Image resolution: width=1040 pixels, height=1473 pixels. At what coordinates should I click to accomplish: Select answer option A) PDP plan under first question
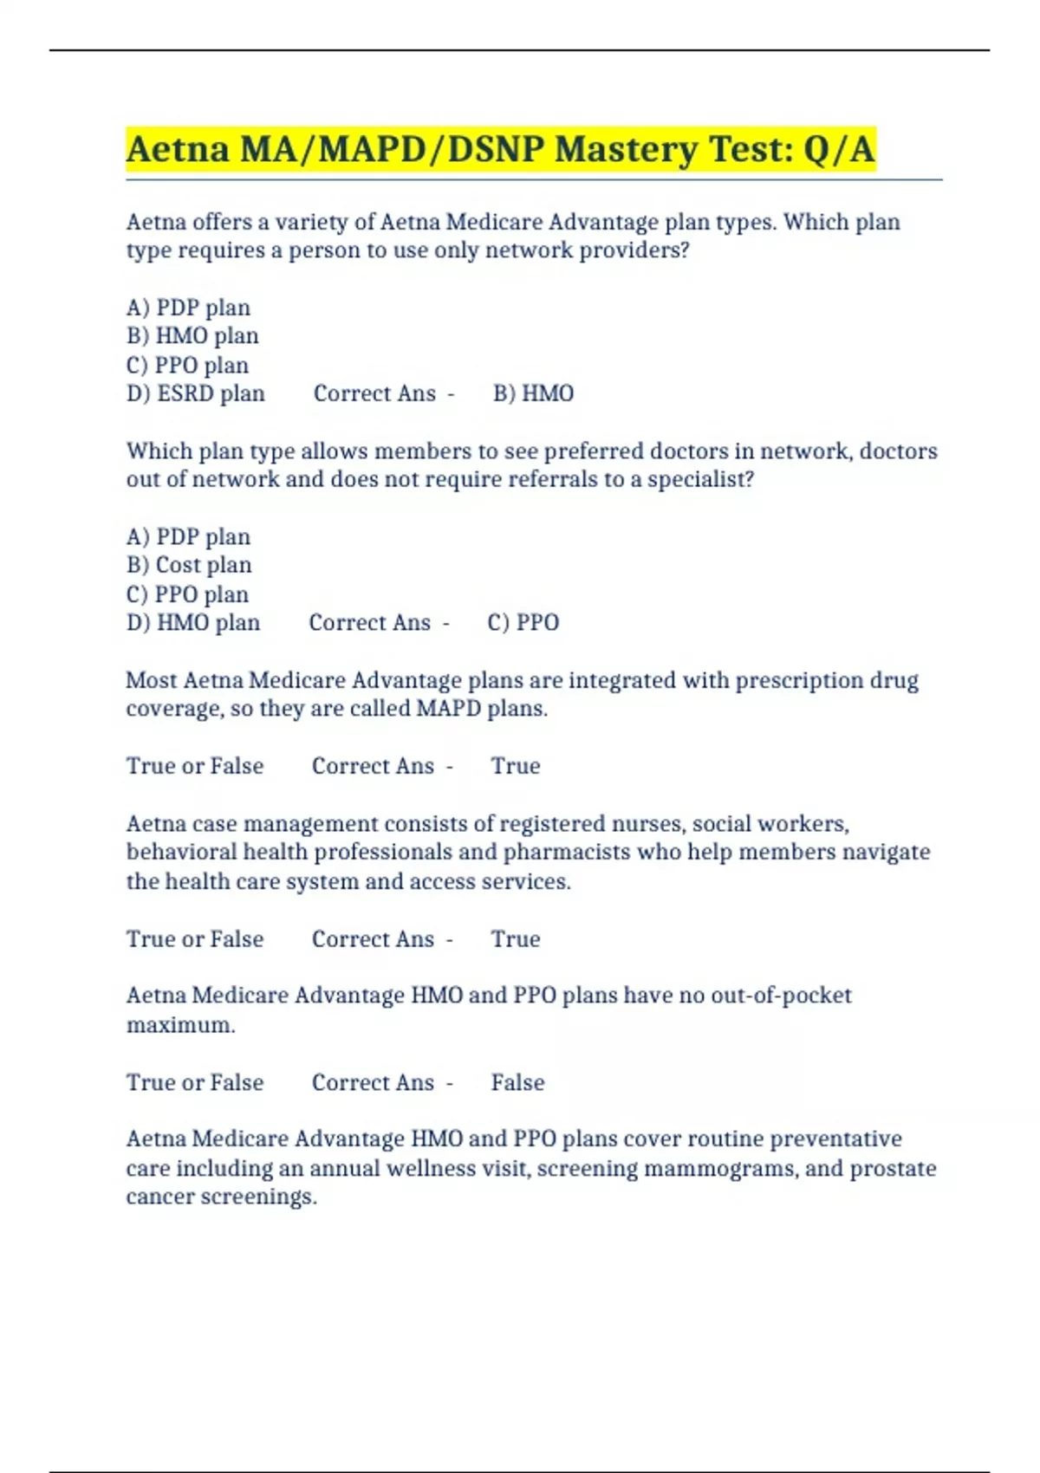click(x=188, y=308)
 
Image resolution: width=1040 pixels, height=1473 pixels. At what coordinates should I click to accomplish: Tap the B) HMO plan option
click(x=192, y=336)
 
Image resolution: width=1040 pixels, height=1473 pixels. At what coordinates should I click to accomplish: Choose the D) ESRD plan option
click(x=196, y=393)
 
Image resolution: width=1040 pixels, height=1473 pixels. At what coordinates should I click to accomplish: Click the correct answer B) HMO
click(x=533, y=393)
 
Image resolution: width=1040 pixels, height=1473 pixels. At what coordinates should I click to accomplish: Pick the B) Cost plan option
click(x=189, y=565)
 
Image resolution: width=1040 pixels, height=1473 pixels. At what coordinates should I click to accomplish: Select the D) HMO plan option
click(x=193, y=623)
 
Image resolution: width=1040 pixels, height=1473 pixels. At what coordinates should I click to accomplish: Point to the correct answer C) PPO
click(x=523, y=623)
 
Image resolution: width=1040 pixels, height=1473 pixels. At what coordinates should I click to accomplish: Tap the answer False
click(x=517, y=1083)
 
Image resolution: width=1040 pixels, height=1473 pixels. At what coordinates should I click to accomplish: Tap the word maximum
click(x=180, y=1025)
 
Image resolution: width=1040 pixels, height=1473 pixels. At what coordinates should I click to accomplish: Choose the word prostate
click(x=893, y=1169)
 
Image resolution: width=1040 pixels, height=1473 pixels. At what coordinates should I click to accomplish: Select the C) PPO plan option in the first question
click(x=187, y=366)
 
